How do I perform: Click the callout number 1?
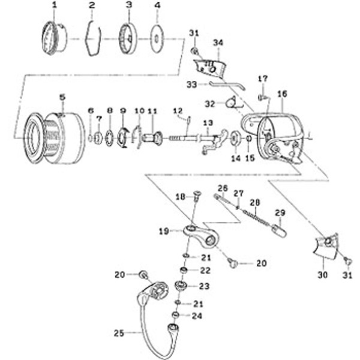55,5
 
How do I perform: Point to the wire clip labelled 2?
93,38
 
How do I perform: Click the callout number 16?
282,94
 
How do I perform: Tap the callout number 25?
119,333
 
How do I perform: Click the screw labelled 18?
197,196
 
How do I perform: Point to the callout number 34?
218,43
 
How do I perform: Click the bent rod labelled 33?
227,85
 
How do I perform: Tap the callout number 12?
178,111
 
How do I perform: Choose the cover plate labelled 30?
326,247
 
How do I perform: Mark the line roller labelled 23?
181,286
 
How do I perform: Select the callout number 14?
236,158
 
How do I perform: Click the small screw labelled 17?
262,98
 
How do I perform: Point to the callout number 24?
197,316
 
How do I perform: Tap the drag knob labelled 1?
54,38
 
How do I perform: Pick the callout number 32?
210,104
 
